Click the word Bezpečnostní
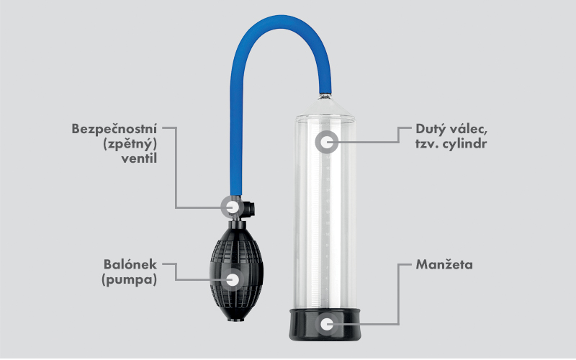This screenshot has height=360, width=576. point(114,129)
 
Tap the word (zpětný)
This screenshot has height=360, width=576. point(130,144)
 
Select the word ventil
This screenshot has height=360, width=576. point(139,158)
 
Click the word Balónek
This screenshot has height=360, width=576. point(130,264)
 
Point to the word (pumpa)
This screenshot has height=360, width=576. point(130,280)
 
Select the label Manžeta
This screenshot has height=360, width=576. point(444,264)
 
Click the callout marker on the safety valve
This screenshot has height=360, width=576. point(232,207)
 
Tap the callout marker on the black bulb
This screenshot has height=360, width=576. point(232,280)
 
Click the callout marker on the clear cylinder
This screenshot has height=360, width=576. point(327,142)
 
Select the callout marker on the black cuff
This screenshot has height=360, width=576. point(327,324)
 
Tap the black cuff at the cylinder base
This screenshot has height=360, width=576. point(325,325)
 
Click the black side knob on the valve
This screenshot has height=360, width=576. point(251,208)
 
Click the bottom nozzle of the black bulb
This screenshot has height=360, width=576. point(235,318)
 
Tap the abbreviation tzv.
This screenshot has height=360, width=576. point(426,144)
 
